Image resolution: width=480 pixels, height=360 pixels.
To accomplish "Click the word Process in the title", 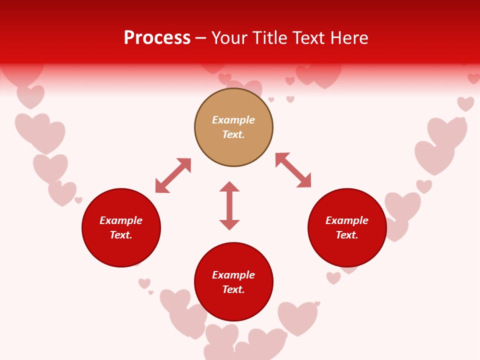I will coord(157,38).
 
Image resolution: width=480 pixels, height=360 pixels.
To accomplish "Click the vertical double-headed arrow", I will coord(229,205).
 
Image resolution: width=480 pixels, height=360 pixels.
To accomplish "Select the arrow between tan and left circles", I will coord(173,175).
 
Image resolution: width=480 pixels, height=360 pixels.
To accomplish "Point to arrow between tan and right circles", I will coord(293,170).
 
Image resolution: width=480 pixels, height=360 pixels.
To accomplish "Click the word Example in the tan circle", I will coord(233,120).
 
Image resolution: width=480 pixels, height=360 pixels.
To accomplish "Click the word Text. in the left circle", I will coord(121,235).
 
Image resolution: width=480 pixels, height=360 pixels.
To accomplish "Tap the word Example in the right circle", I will coord(347,220).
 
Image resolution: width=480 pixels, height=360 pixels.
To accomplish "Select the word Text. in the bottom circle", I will coord(233,289).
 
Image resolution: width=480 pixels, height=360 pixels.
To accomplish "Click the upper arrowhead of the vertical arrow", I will coord(229,186).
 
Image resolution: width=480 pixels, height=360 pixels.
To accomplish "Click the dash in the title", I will coord(201,38).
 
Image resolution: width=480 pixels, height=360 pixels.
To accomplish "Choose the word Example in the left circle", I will coord(121,220).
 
